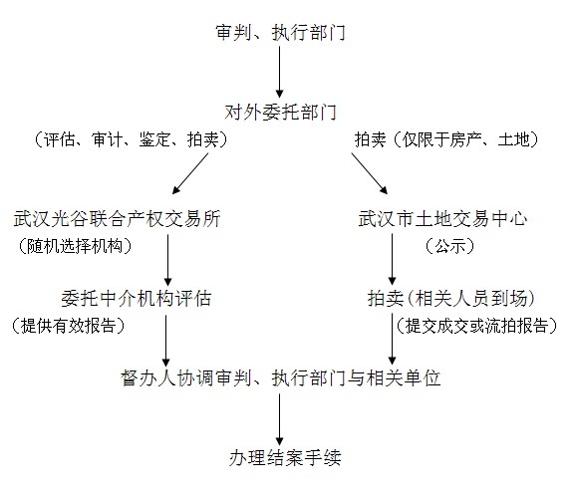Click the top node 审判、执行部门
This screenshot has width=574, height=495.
(x=280, y=32)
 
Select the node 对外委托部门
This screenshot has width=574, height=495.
(x=280, y=112)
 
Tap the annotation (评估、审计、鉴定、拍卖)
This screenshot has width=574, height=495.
(x=131, y=139)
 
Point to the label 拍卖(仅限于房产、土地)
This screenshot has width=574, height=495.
(x=447, y=139)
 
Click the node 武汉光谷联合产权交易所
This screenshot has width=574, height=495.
(x=117, y=219)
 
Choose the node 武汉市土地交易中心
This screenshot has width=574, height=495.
(x=442, y=219)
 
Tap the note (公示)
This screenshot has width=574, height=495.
(x=449, y=246)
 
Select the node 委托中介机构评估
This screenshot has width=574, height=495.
(x=137, y=299)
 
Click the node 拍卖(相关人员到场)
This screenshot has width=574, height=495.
(x=451, y=299)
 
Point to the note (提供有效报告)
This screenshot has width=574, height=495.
(x=68, y=326)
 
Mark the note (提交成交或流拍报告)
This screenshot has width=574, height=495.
(x=476, y=326)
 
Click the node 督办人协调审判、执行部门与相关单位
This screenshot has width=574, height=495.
(x=280, y=377)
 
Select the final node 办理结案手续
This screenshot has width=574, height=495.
(x=285, y=458)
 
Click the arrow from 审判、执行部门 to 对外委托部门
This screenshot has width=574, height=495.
(x=280, y=72)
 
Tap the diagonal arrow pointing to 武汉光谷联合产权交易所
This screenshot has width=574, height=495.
(x=190, y=173)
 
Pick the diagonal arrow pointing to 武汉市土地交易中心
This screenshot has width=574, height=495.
(x=370, y=173)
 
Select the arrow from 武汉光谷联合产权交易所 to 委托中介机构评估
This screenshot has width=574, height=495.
(x=168, y=260)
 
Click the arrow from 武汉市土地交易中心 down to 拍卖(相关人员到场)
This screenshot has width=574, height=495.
(x=392, y=259)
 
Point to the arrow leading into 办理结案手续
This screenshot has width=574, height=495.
(x=280, y=419)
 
